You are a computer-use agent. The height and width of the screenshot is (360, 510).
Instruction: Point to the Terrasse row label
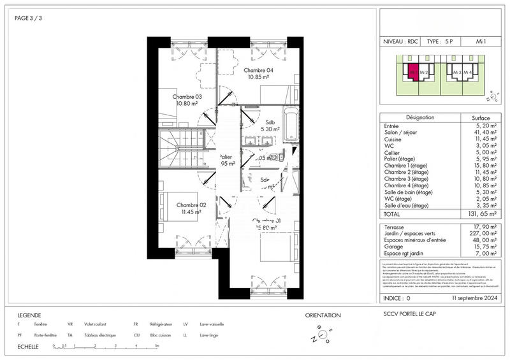click(x=395, y=227)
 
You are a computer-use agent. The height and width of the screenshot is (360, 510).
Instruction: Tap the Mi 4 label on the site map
click(x=467, y=73)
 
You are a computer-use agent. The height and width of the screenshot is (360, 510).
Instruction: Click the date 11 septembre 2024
click(x=473, y=298)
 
